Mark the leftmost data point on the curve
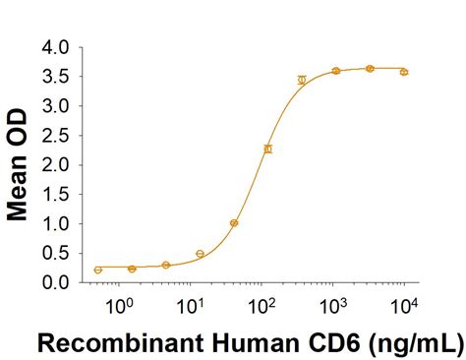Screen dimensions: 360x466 [98, 270]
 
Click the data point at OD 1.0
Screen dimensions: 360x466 [234, 223]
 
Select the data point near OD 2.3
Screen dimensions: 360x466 [267, 149]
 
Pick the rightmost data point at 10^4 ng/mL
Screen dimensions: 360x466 [404, 72]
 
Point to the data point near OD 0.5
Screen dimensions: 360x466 [200, 254]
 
